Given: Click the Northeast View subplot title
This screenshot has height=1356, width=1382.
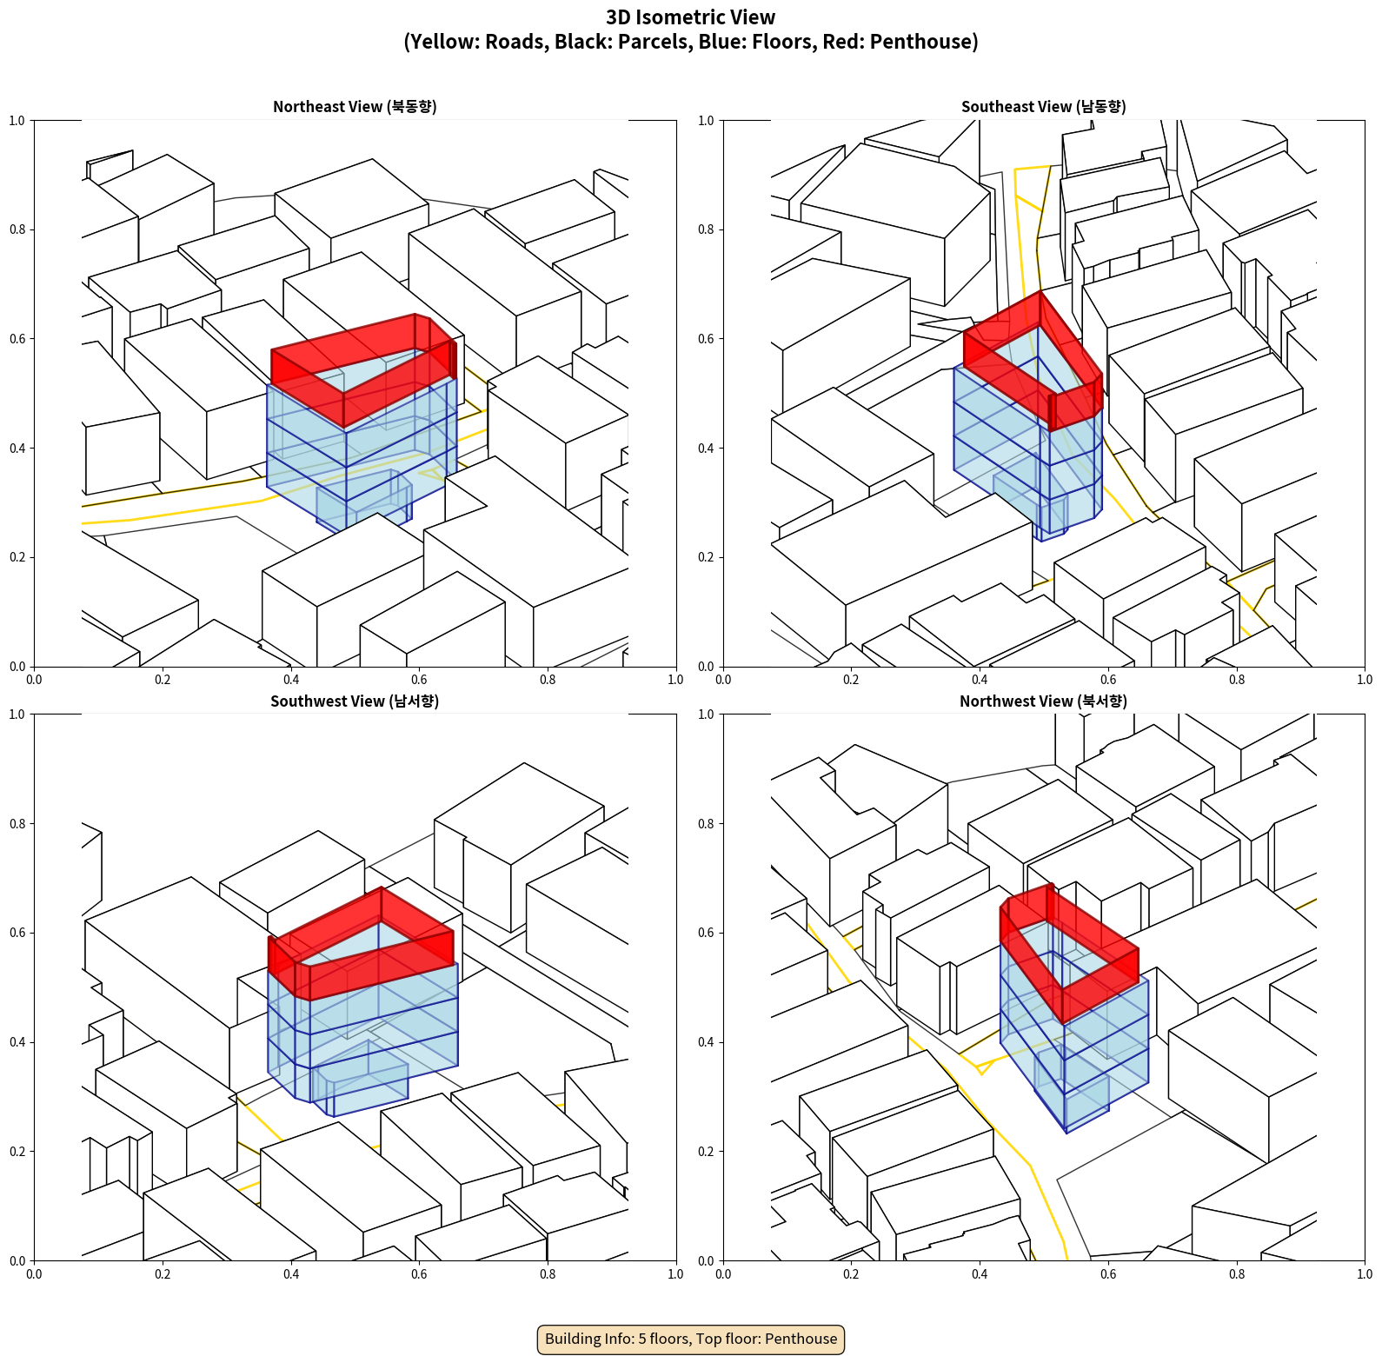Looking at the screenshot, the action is (355, 106).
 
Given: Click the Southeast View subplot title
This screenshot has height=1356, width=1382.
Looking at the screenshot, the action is (1043, 106).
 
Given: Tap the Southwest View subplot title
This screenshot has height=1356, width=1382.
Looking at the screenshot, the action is (355, 701).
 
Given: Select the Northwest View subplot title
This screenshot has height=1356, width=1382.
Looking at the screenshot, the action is (1043, 701).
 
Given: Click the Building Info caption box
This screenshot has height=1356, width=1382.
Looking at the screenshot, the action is (691, 1339).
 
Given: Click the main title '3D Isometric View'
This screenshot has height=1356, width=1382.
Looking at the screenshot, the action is (691, 17).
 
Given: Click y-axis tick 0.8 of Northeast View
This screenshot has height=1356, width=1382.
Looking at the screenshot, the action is (17, 229).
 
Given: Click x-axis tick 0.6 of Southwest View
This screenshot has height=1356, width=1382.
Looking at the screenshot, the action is (419, 1274).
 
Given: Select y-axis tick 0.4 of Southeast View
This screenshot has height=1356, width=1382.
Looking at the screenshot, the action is (706, 448).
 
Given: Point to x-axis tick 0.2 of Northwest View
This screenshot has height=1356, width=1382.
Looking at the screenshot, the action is (851, 1274).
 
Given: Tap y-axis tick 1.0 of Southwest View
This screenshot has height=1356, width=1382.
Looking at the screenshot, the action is (17, 715).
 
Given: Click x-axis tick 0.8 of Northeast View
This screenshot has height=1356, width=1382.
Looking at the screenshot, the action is (548, 680).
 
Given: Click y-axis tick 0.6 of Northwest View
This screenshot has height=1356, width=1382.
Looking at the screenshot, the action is (706, 933).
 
